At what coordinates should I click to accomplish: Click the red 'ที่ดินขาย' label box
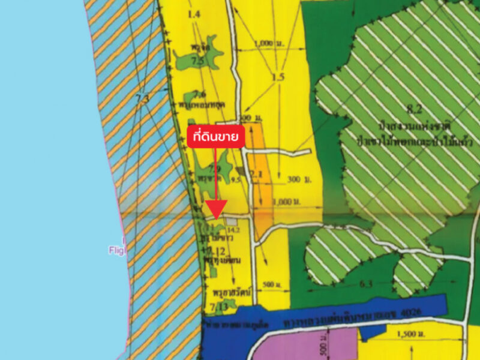click(x=215, y=136)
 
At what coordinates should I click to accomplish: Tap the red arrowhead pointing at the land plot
click(x=215, y=209)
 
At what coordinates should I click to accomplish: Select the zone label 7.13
click(x=217, y=307)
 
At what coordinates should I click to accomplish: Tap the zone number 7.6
click(x=200, y=94)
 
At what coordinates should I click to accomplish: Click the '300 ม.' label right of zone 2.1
click(x=293, y=179)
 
